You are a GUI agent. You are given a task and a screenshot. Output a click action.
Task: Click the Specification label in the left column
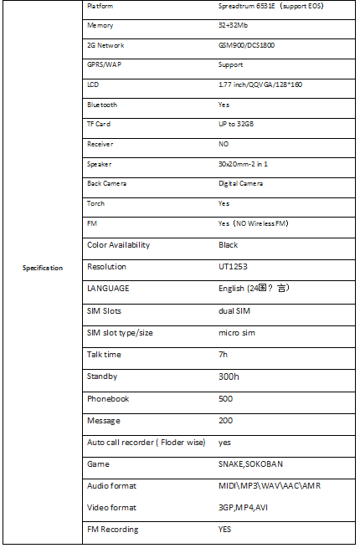pyautogui.click(x=42, y=268)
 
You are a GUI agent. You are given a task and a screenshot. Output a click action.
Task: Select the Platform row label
pyautogui.click(x=100, y=7)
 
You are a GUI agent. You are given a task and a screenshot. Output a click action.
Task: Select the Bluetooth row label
pyautogui.click(x=102, y=105)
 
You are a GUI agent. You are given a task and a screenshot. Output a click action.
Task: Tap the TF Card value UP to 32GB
pyautogui.click(x=236, y=124)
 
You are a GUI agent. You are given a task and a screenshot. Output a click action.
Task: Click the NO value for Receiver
pyautogui.click(x=223, y=144)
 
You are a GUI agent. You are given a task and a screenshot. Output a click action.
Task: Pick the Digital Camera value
pyautogui.click(x=241, y=183)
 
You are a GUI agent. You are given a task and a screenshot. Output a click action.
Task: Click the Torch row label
pyautogui.click(x=96, y=203)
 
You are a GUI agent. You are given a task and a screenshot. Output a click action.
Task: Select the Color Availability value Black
pyautogui.click(x=228, y=245)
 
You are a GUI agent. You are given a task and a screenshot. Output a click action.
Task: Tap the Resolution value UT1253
pyautogui.click(x=232, y=267)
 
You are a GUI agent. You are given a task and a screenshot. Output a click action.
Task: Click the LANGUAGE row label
pyautogui.click(x=108, y=289)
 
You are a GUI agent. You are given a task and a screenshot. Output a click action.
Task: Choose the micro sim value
pyautogui.click(x=237, y=333)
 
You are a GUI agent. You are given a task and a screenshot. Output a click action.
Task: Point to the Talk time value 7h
pyautogui.click(x=224, y=355)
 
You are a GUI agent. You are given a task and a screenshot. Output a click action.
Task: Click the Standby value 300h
pyautogui.click(x=229, y=376)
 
